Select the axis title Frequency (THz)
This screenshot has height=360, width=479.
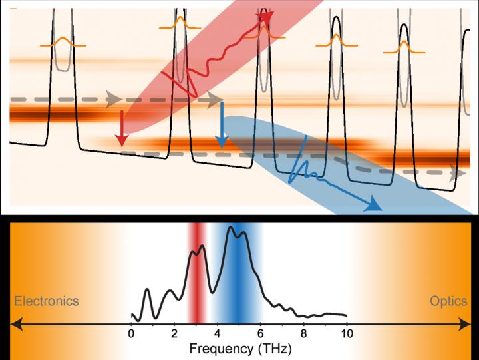[x=239, y=349]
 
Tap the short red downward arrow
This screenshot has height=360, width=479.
[x=121, y=130]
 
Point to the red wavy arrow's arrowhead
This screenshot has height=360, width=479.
[x=267, y=19]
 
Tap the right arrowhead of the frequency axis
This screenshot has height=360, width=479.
[x=466, y=324]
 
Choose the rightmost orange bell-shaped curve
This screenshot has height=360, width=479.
[x=404, y=47]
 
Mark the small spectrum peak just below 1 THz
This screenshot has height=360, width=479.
[x=147, y=293]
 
